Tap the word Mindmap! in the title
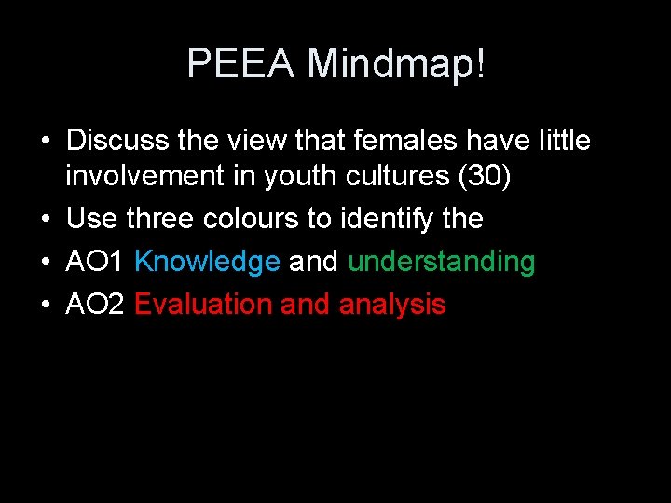397,64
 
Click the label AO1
96,262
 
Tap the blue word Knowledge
207,262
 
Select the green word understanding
442,262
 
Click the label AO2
96,305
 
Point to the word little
562,142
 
